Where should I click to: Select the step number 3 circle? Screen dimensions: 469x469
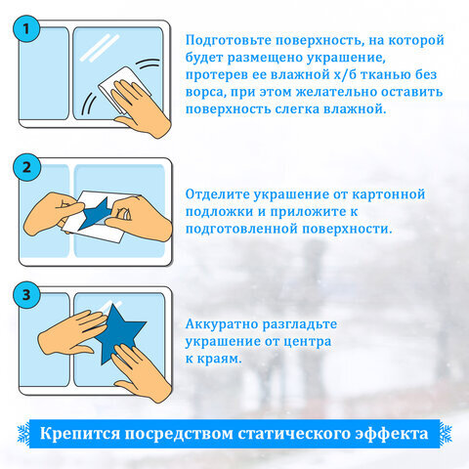[x=29, y=294]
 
